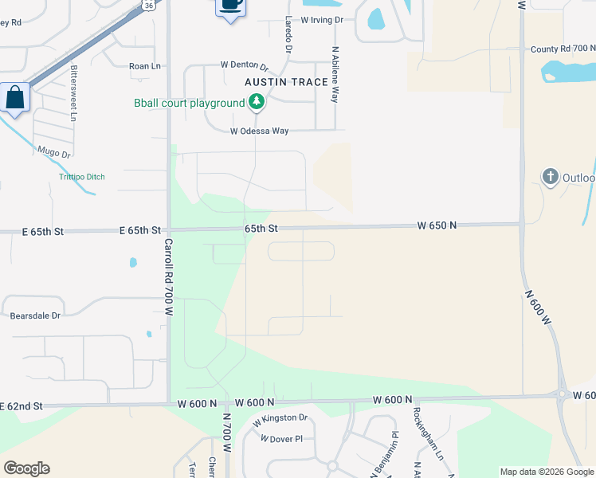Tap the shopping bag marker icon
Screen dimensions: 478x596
[x=15, y=98]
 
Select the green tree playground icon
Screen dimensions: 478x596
[x=257, y=102]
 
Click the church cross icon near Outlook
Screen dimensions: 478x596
[x=550, y=176]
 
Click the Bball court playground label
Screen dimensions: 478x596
[x=189, y=104]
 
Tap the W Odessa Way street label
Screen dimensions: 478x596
[x=259, y=131]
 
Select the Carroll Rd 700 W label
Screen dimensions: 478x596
[x=168, y=279]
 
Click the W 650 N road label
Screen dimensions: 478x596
[x=437, y=226]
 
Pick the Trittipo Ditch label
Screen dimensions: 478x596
[x=81, y=177]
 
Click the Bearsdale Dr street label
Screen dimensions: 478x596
[x=35, y=315]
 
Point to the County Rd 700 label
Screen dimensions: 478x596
[x=563, y=49]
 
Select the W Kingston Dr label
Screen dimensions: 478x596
[x=280, y=418]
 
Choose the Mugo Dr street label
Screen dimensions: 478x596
[x=54, y=150]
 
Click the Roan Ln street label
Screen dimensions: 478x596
[x=145, y=67]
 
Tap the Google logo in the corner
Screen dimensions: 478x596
[x=26, y=468]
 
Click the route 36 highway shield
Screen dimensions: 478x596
[x=149, y=5]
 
